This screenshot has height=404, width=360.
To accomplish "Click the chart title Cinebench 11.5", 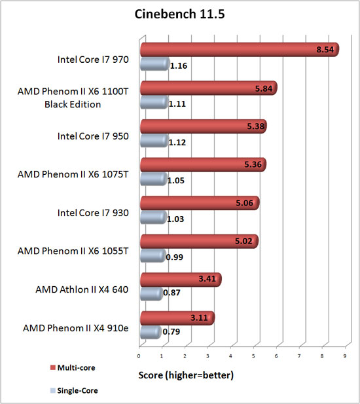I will pos(180,14).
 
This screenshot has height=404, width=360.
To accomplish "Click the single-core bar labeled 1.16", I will pos(154,64).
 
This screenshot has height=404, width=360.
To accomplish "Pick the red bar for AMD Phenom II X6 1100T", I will pos(206,88).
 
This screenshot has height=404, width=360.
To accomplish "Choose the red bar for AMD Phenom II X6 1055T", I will pos(196,242).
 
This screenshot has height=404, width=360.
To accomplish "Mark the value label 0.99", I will pos(174,257).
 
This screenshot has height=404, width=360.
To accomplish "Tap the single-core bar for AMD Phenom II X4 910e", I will pos(150,333).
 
